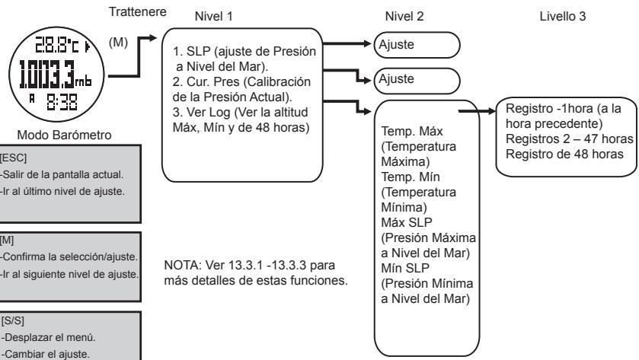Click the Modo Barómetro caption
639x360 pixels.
[x=59, y=113]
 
